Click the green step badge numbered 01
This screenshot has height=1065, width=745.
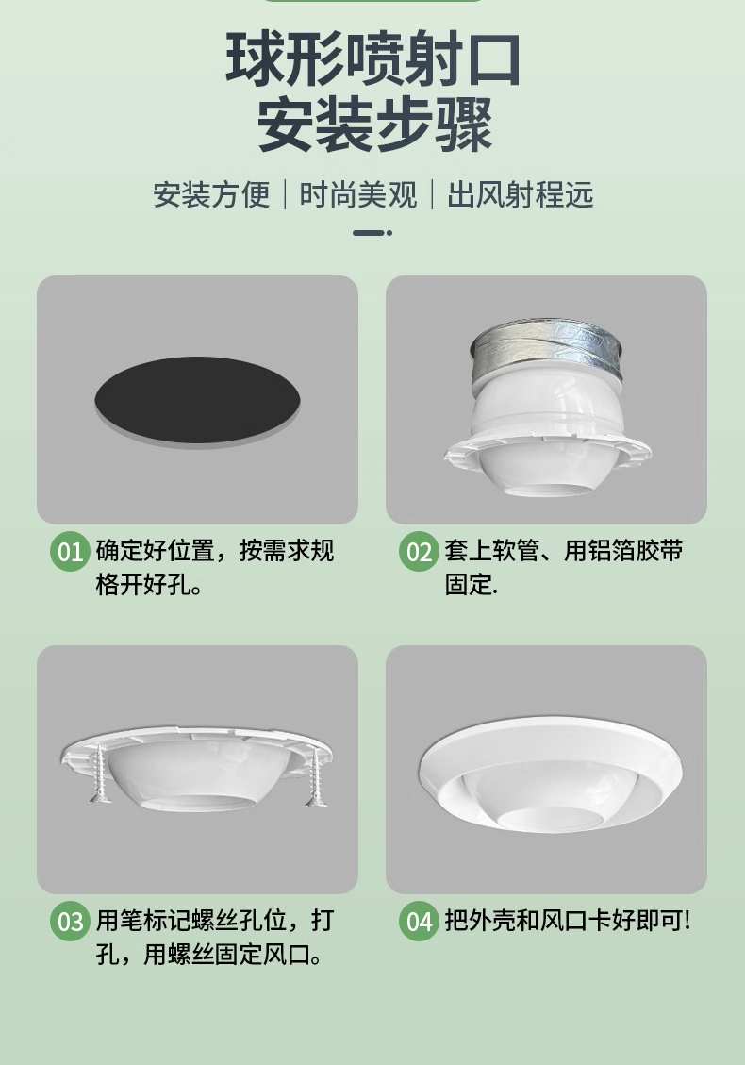[x=71, y=551]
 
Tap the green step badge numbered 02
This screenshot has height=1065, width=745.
[x=419, y=551]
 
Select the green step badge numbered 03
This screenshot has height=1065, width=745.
[x=71, y=921]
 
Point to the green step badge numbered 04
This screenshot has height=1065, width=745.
[x=419, y=921]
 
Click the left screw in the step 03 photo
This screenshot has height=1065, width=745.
[x=101, y=774]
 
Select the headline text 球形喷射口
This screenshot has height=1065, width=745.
[x=372, y=58]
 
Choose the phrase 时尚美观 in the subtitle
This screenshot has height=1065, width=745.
[x=358, y=195]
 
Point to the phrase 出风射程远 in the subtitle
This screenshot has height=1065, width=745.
[x=521, y=195]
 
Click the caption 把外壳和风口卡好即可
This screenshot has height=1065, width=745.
[x=568, y=921]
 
